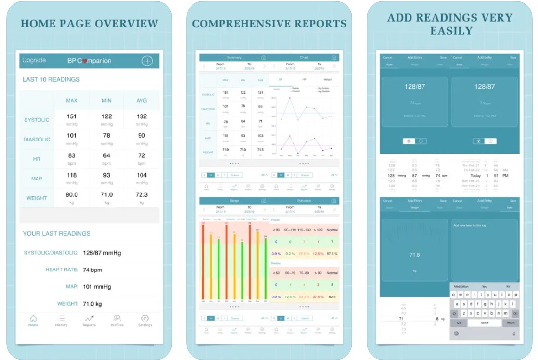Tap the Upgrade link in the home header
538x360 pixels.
tap(34, 60)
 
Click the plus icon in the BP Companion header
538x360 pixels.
tap(147, 61)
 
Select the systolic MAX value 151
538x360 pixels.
tap(72, 116)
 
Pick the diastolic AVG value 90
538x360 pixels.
tap(141, 136)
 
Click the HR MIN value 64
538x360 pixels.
tap(106, 155)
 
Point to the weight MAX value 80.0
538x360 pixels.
tap(72, 195)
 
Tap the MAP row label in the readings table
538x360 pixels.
tap(37, 179)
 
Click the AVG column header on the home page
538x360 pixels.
tap(141, 101)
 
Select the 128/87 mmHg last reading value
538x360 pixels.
tap(102, 253)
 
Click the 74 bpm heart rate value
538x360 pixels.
tap(92, 270)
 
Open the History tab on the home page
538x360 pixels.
tap(61, 321)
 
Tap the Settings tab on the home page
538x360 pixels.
tap(145, 321)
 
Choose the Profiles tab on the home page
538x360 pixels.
tap(117, 321)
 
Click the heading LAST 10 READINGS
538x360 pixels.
tap(51, 79)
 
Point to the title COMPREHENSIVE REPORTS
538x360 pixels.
tap(269, 24)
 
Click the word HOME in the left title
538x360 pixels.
tap(37, 24)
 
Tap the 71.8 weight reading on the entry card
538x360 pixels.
tap(414, 255)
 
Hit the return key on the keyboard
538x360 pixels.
tap(510, 322)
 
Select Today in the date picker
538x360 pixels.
tap(475, 176)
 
